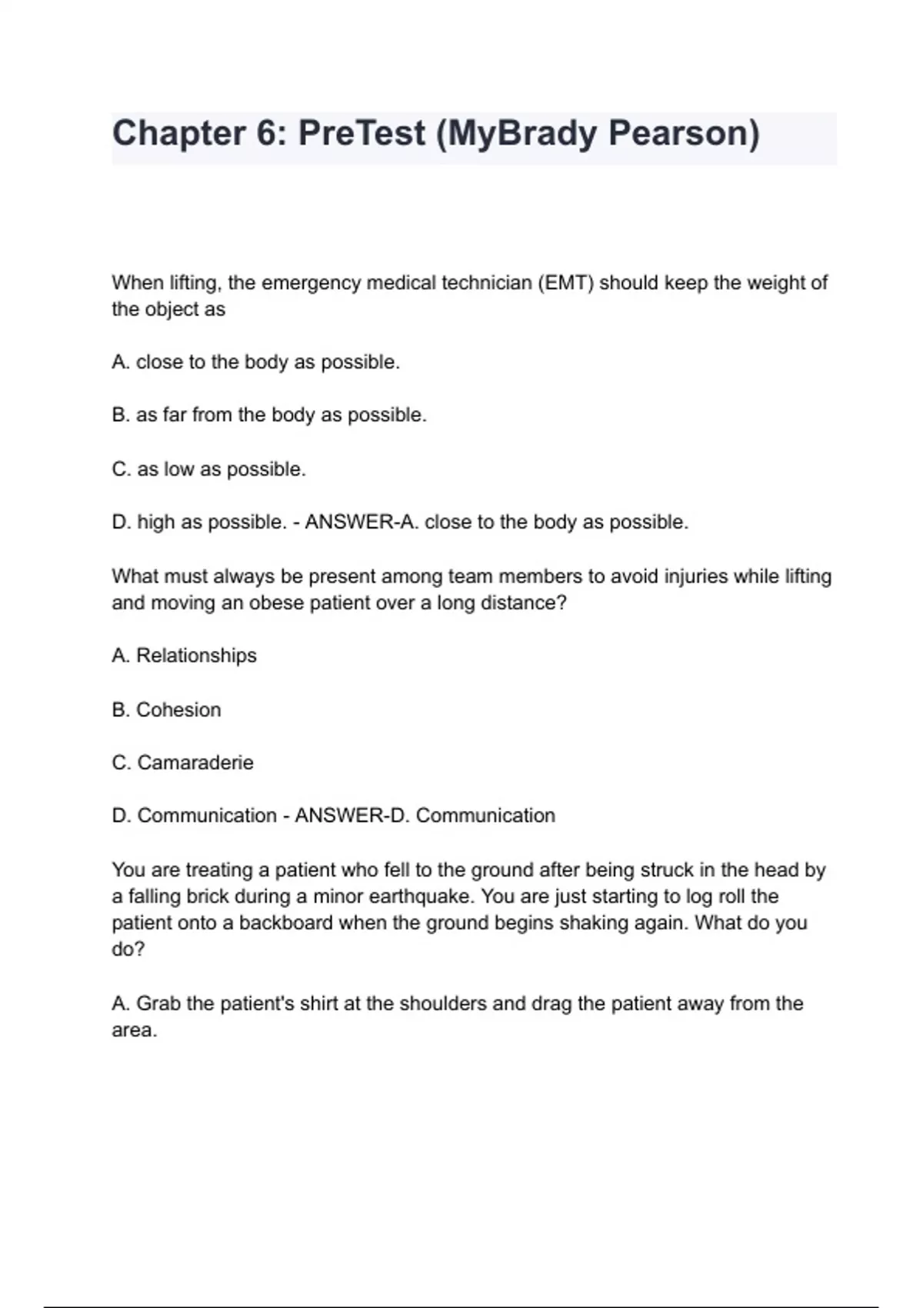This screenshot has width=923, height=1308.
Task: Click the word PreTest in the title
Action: pyautogui.click(x=361, y=133)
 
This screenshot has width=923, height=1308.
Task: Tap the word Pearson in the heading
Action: pyautogui.click(x=683, y=133)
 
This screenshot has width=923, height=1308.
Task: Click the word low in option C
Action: pyautogui.click(x=178, y=469)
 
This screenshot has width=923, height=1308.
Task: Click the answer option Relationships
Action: pyautogui.click(x=196, y=656)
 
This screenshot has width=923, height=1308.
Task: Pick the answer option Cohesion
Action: pyautogui.click(x=178, y=709)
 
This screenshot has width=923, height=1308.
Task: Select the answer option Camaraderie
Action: pyautogui.click(x=195, y=762)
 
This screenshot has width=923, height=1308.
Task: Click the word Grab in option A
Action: pyautogui.click(x=158, y=1003)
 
